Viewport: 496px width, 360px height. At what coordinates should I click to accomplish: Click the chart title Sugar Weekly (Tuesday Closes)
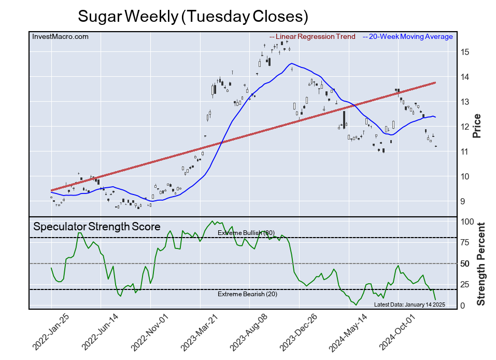[x=193, y=16]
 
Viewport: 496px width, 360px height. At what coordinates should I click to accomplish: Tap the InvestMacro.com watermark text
[x=60, y=36]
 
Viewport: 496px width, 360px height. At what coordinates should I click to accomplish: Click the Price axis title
[x=477, y=126]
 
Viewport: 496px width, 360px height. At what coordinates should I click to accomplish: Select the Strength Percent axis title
[x=480, y=264]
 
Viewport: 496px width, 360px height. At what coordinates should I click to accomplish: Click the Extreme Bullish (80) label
[x=246, y=233]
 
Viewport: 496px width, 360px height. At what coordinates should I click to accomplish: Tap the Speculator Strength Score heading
[x=96, y=227]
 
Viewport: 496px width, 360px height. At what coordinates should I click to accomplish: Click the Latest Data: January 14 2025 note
[x=409, y=304]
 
